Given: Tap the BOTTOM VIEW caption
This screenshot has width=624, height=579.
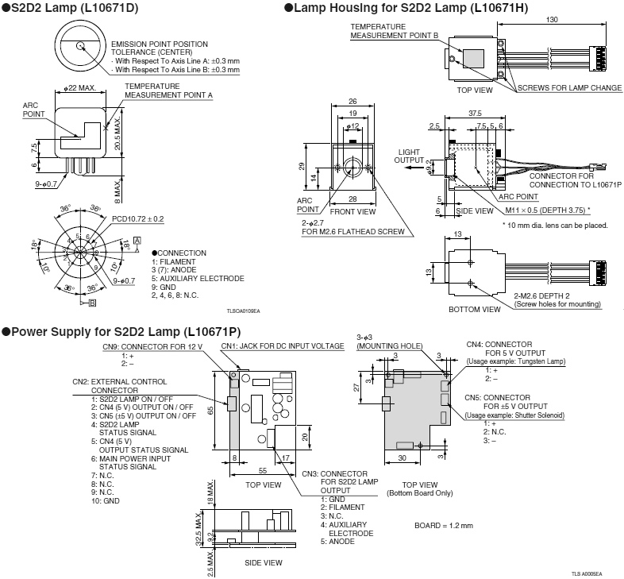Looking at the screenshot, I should (x=474, y=309).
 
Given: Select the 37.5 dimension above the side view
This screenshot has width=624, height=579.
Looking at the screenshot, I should (x=475, y=114).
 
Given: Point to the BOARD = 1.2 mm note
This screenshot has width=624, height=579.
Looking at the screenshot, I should (x=444, y=526).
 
